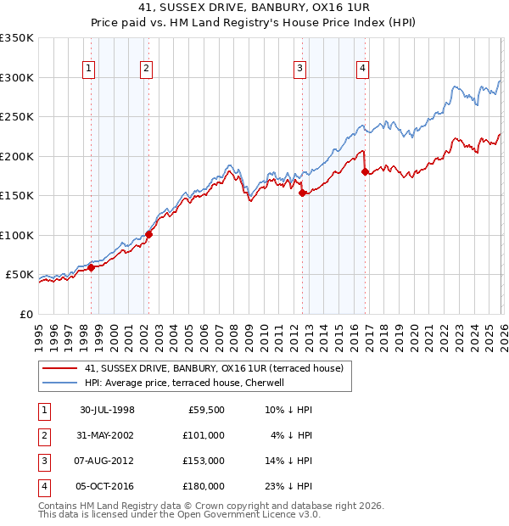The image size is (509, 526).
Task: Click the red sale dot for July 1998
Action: pyautogui.click(x=91, y=267)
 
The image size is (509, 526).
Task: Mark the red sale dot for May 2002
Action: pyautogui.click(x=148, y=234)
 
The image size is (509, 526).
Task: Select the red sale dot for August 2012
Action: pyautogui.click(x=302, y=193)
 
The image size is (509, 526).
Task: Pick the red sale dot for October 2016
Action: pyautogui.click(x=365, y=171)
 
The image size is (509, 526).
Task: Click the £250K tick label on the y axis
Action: pyautogui.click(x=17, y=117)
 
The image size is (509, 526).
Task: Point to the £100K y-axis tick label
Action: pyautogui.click(x=17, y=235)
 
